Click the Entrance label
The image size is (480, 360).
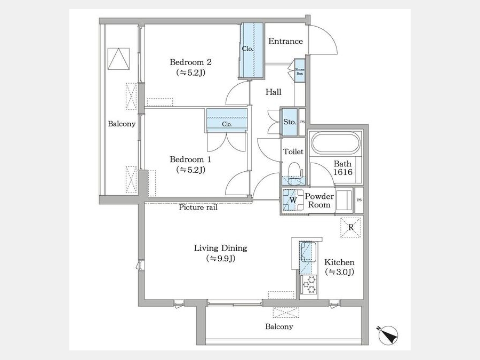tap(285, 41)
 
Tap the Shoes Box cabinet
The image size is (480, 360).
tap(300, 71)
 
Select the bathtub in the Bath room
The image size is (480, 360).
tap(335, 144)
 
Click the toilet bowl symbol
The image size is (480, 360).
tap(295, 172)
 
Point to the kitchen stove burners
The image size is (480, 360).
tap(309, 284)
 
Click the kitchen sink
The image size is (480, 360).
tap(308, 253)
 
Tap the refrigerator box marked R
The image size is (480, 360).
tap(350, 227)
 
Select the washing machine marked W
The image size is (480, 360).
tap(292, 200)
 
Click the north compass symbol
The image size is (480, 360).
tap(388, 335)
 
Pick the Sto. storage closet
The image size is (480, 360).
tap(289, 122)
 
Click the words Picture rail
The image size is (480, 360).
tap(198, 207)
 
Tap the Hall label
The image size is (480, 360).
tap(274, 92)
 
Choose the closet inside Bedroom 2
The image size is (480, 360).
tap(252, 51)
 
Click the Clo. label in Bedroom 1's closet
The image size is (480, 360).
tap(227, 124)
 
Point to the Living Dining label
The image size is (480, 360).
tap(220, 248)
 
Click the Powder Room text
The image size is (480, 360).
tap(319, 201)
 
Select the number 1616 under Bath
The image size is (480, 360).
tap(343, 172)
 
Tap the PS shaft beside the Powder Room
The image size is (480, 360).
tap(359, 200)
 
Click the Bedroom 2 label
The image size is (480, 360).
tap(190, 62)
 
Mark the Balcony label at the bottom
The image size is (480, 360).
tap(279, 326)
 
